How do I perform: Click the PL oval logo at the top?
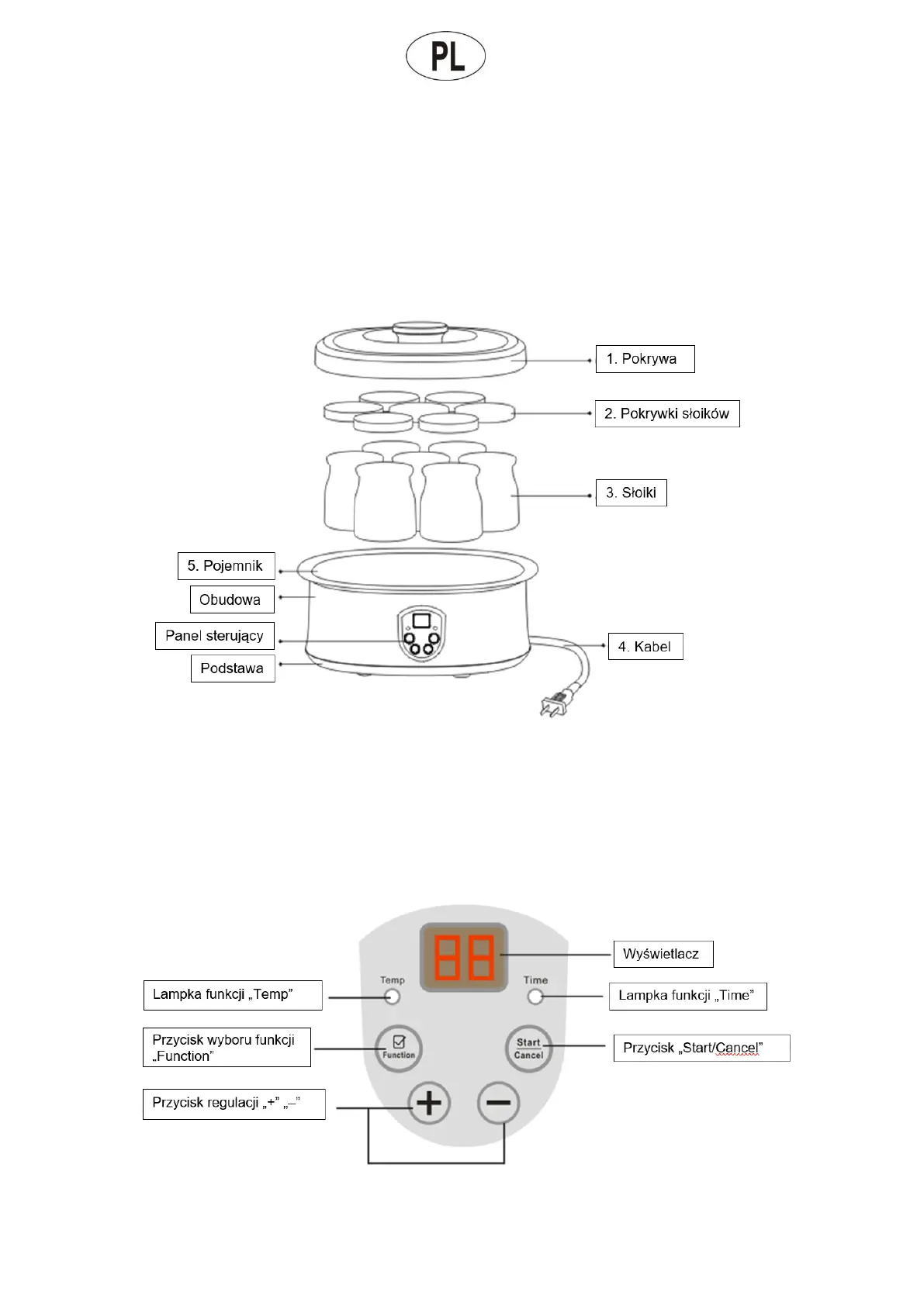point(446,56)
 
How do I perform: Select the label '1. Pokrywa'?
point(645,359)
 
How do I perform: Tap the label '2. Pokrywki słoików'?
point(666,413)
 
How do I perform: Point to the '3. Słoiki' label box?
point(631,492)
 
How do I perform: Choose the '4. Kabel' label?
point(645,647)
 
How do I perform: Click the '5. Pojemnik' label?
point(226,566)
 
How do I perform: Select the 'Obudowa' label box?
point(231,599)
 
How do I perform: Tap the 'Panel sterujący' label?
point(214,636)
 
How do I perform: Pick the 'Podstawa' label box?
point(232,669)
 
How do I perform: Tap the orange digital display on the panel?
point(464,957)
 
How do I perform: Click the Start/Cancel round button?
point(528,1049)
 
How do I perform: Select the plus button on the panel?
point(430,1103)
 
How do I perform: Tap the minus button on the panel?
point(499,1103)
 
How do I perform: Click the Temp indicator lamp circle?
point(393,997)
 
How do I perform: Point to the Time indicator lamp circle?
point(535,997)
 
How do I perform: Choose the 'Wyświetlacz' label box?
point(663,954)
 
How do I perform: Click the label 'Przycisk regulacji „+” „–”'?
point(234,1104)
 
